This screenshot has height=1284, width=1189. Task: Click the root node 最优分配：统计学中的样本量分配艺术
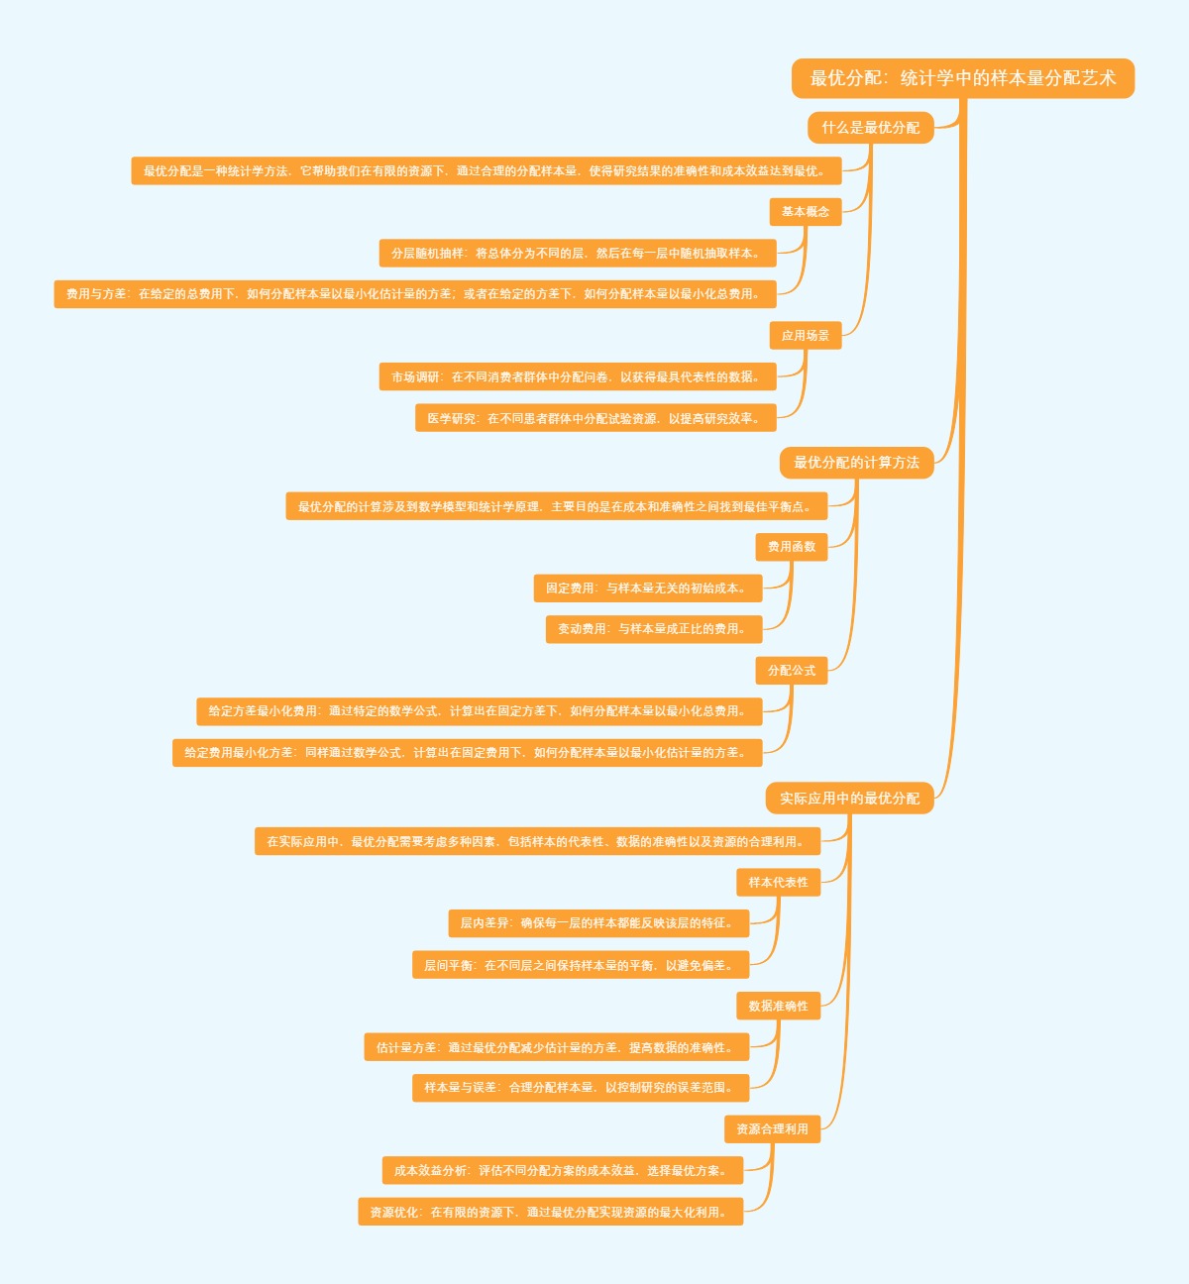[962, 78]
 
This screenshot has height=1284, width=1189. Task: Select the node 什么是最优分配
[870, 128]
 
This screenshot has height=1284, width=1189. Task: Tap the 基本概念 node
[805, 212]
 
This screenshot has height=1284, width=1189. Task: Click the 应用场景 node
[805, 336]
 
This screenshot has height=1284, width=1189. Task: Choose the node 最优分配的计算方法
[856, 463]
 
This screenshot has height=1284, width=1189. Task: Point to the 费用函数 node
[791, 547]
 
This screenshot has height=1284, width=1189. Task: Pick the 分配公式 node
[791, 671]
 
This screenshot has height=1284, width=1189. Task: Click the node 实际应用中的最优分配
[849, 799]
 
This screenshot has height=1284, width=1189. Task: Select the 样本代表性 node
[778, 883]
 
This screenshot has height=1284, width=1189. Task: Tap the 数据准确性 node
[778, 1007]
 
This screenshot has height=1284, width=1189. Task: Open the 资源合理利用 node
[772, 1129]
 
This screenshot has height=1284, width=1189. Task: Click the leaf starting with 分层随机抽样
[577, 254]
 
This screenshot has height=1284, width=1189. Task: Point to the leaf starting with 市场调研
[577, 377]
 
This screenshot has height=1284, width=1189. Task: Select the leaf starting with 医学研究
[594, 419]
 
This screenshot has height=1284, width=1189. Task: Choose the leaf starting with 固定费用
[647, 588]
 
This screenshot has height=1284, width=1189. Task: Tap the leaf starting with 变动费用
[653, 629]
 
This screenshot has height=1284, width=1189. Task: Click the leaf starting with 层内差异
[597, 923]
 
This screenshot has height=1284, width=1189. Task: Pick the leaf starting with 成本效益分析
[562, 1171]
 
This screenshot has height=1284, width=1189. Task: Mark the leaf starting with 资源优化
[550, 1213]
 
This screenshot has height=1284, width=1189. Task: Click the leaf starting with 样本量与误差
[580, 1088]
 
